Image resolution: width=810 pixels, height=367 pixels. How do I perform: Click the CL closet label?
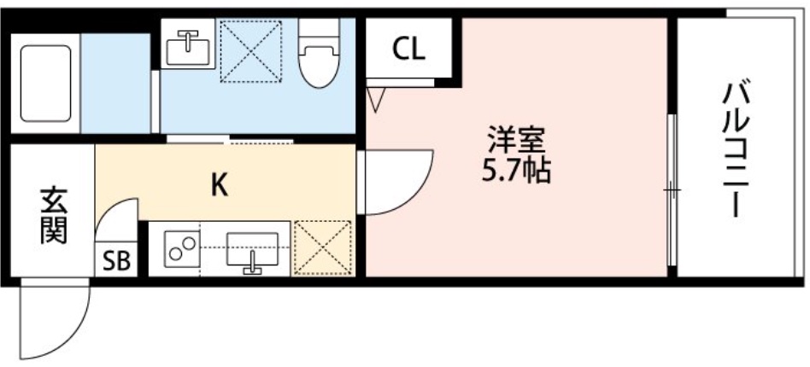point(408,50)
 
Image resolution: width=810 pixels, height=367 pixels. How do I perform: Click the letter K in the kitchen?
point(220,184)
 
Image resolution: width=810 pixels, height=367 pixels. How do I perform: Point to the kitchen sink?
point(252,250)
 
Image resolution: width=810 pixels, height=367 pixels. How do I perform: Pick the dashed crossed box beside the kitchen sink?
point(323,248)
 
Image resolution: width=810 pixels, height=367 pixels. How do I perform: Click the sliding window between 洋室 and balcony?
point(672,189)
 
